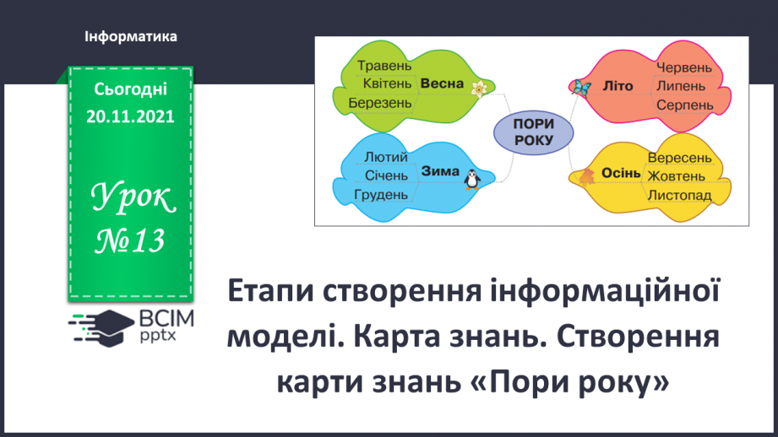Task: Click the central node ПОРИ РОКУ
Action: pos(533,132)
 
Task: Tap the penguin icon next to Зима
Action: pos(472,180)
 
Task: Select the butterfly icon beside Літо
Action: pos(580,88)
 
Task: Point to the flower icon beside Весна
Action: pos(479,89)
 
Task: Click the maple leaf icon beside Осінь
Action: pos(587,175)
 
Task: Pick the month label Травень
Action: pos(384,66)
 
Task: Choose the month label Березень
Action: pos(380,103)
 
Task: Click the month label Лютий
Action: pos(386,157)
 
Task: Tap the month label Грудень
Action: pos(381,195)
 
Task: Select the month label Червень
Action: pos(684,67)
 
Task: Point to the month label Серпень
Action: pos(685,105)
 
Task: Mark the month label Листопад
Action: pos(680,195)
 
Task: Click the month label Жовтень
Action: pos(677,175)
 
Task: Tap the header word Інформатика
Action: pos(130,36)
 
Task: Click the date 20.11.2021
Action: pos(130,116)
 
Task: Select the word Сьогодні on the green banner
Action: pos(130,89)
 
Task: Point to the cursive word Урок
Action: pos(133,197)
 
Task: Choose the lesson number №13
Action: pos(130,241)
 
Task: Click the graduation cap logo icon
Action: pos(101,327)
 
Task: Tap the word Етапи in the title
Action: pos(270,291)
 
